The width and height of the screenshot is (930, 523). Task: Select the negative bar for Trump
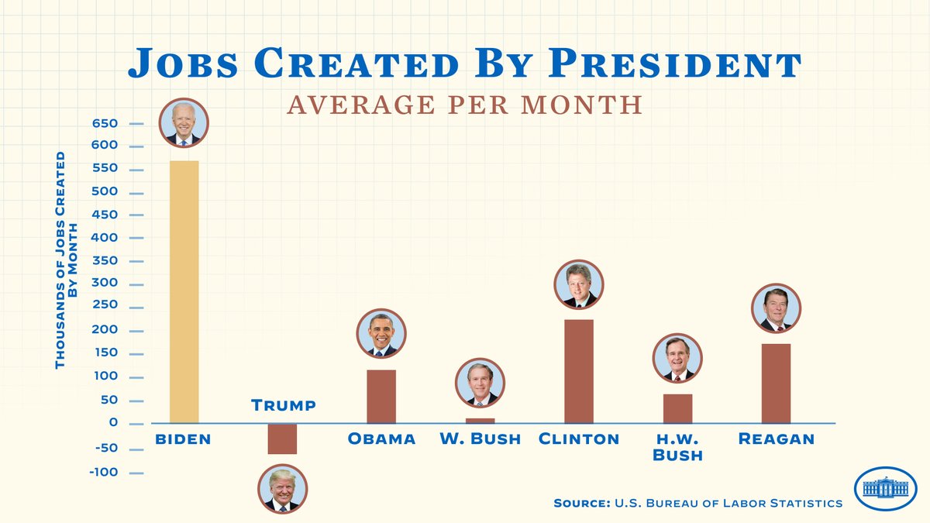pyautogui.click(x=282, y=439)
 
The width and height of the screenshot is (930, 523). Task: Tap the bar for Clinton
pyautogui.click(x=578, y=371)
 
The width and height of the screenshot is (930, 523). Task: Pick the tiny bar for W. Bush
pyautogui.click(x=480, y=421)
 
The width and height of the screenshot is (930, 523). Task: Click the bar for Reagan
pyautogui.click(x=776, y=383)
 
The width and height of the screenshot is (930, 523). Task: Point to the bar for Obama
pyautogui.click(x=381, y=396)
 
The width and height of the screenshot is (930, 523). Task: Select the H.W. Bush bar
pyautogui.click(x=677, y=408)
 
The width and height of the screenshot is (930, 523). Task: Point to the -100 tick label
pyautogui.click(x=105, y=473)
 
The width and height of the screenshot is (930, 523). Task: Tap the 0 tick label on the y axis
pyautogui.click(x=113, y=423)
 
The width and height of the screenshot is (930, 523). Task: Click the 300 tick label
pyautogui.click(x=105, y=284)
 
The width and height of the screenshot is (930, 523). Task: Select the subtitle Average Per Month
pyautogui.click(x=464, y=105)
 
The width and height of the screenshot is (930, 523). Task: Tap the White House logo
pyautogui.click(x=884, y=489)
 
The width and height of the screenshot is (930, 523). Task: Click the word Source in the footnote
pyautogui.click(x=580, y=504)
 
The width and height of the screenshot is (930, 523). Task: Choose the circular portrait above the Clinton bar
pyautogui.click(x=578, y=284)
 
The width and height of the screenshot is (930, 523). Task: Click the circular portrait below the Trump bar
pyautogui.click(x=282, y=489)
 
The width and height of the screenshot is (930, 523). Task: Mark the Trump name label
pyautogui.click(x=284, y=405)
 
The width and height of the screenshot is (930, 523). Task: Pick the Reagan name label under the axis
pyautogui.click(x=776, y=439)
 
